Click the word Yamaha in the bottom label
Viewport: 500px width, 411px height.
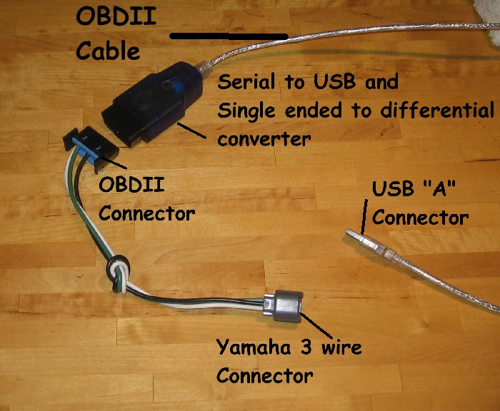[x=254, y=348]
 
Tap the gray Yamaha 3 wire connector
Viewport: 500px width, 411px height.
[x=283, y=306]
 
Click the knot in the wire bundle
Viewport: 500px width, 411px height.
[x=117, y=273]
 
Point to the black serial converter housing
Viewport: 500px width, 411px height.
[x=153, y=103]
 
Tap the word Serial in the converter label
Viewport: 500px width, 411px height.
[x=246, y=81]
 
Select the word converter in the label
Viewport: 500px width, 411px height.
[x=264, y=139]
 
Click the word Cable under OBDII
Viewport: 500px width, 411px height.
[x=108, y=51]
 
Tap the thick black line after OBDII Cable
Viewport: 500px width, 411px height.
[x=229, y=36]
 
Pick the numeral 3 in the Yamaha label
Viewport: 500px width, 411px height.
[x=306, y=347]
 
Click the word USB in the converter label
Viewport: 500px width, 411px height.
[x=334, y=81]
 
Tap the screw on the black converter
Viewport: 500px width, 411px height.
[x=166, y=84]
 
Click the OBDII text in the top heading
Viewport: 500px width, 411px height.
[x=116, y=17]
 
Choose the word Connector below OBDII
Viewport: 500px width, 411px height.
[x=147, y=213]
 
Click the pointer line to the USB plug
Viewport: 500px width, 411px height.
[x=364, y=218]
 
